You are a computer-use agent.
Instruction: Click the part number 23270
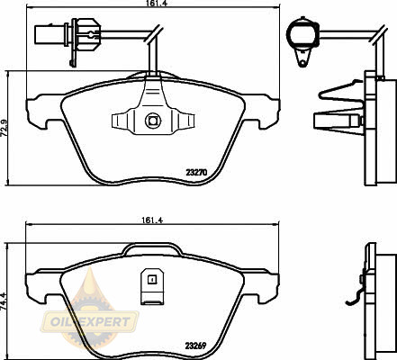197,173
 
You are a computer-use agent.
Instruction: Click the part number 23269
195,346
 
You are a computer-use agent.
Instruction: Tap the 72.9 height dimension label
4,128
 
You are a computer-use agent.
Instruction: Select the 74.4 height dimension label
4,301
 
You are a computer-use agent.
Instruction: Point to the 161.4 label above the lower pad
152,220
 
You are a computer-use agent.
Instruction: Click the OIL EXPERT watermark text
90,322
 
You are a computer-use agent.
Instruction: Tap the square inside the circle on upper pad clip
153,121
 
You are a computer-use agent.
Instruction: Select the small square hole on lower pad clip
152,280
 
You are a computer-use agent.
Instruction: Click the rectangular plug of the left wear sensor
50,34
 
